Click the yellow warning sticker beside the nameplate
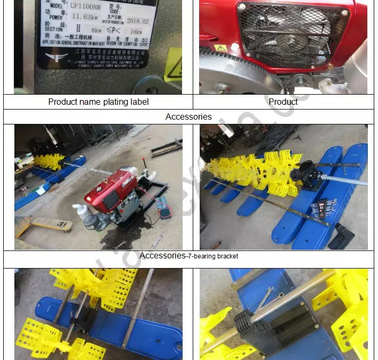174,64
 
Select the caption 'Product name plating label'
98,102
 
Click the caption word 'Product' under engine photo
283,102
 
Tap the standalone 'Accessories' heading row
188,116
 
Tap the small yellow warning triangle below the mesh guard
220,48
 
